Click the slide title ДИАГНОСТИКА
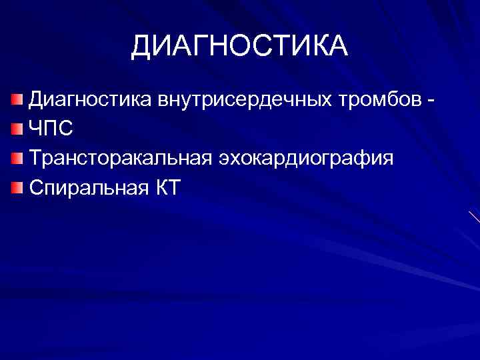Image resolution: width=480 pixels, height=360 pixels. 239,46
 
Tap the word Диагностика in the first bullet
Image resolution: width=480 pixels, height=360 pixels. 91,99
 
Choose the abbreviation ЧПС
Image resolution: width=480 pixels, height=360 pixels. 51,129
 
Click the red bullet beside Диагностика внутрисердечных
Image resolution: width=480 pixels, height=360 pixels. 17,100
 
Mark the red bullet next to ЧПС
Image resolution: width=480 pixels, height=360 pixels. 17,129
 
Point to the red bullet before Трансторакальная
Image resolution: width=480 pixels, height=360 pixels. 17,158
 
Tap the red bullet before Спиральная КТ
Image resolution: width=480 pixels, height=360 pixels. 17,187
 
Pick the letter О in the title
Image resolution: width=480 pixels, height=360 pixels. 245,46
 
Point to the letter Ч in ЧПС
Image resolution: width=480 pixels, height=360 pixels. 36,129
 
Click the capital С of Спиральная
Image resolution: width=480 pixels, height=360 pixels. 37,187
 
